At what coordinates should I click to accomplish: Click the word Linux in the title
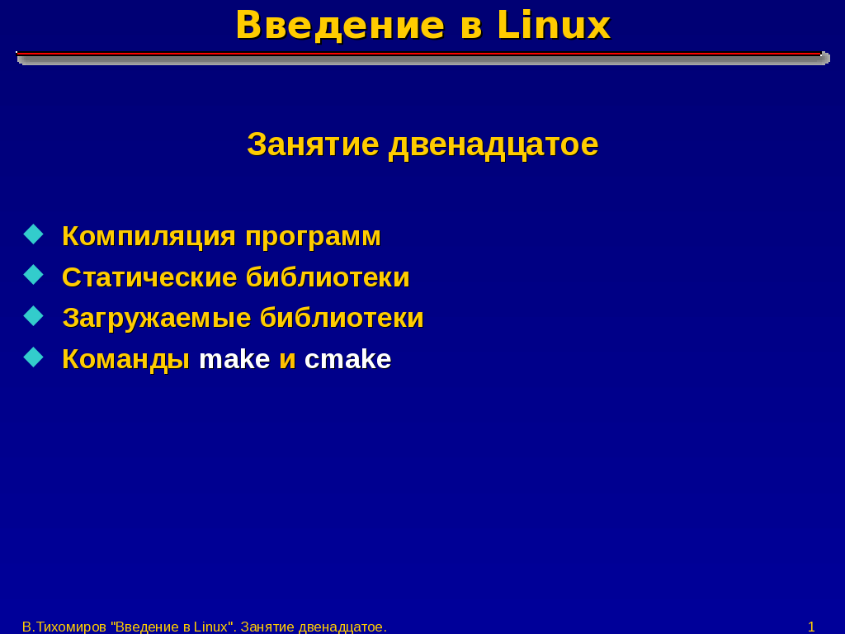coord(554,26)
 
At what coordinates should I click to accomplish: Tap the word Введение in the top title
coord(340,26)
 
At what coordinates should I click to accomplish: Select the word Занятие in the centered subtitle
coord(313,144)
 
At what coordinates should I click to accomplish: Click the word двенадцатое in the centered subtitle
coord(493,145)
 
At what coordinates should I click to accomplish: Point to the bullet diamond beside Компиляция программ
coord(33,234)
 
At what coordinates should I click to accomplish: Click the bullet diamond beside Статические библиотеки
coord(33,274)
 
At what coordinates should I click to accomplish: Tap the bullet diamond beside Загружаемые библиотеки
coord(33,316)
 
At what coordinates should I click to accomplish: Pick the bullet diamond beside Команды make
coord(33,357)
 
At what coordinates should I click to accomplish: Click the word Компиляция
coord(149,237)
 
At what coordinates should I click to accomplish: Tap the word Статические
coord(149,277)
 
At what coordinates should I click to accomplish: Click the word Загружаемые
coord(157,319)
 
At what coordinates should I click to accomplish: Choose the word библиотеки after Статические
coord(328,277)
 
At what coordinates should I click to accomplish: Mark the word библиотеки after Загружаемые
coord(342,318)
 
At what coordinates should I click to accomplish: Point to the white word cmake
coord(347,359)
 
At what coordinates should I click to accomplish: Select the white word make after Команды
coord(234,359)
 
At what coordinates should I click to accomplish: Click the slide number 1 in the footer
coord(811,627)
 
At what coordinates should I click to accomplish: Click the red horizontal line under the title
coord(418,54)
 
